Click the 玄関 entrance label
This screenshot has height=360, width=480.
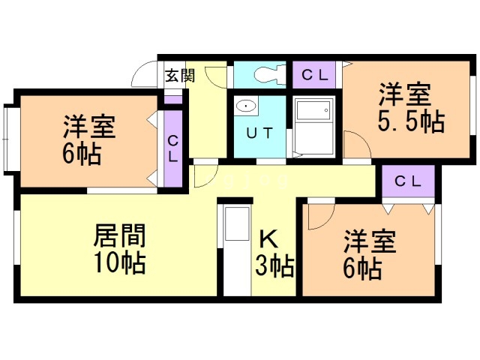pos(180,75)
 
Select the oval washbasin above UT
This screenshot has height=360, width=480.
pos(245,106)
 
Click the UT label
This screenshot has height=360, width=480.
pos(259,133)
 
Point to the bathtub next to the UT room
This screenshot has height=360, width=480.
pos(313,127)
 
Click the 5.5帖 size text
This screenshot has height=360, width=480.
pos(411,121)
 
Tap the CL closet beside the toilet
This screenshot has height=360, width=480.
pos(314,75)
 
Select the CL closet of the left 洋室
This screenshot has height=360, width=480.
pos(173,148)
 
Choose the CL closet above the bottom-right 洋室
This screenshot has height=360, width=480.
pos(408,181)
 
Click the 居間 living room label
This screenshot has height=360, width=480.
pos(119,235)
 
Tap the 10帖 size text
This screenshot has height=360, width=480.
pos(119,262)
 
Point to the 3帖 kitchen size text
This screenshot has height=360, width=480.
pos(274,265)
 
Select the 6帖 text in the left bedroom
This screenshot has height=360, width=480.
pos(82,154)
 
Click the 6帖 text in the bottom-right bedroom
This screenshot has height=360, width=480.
pos(362,268)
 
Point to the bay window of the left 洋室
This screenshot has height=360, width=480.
pos(9,140)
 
